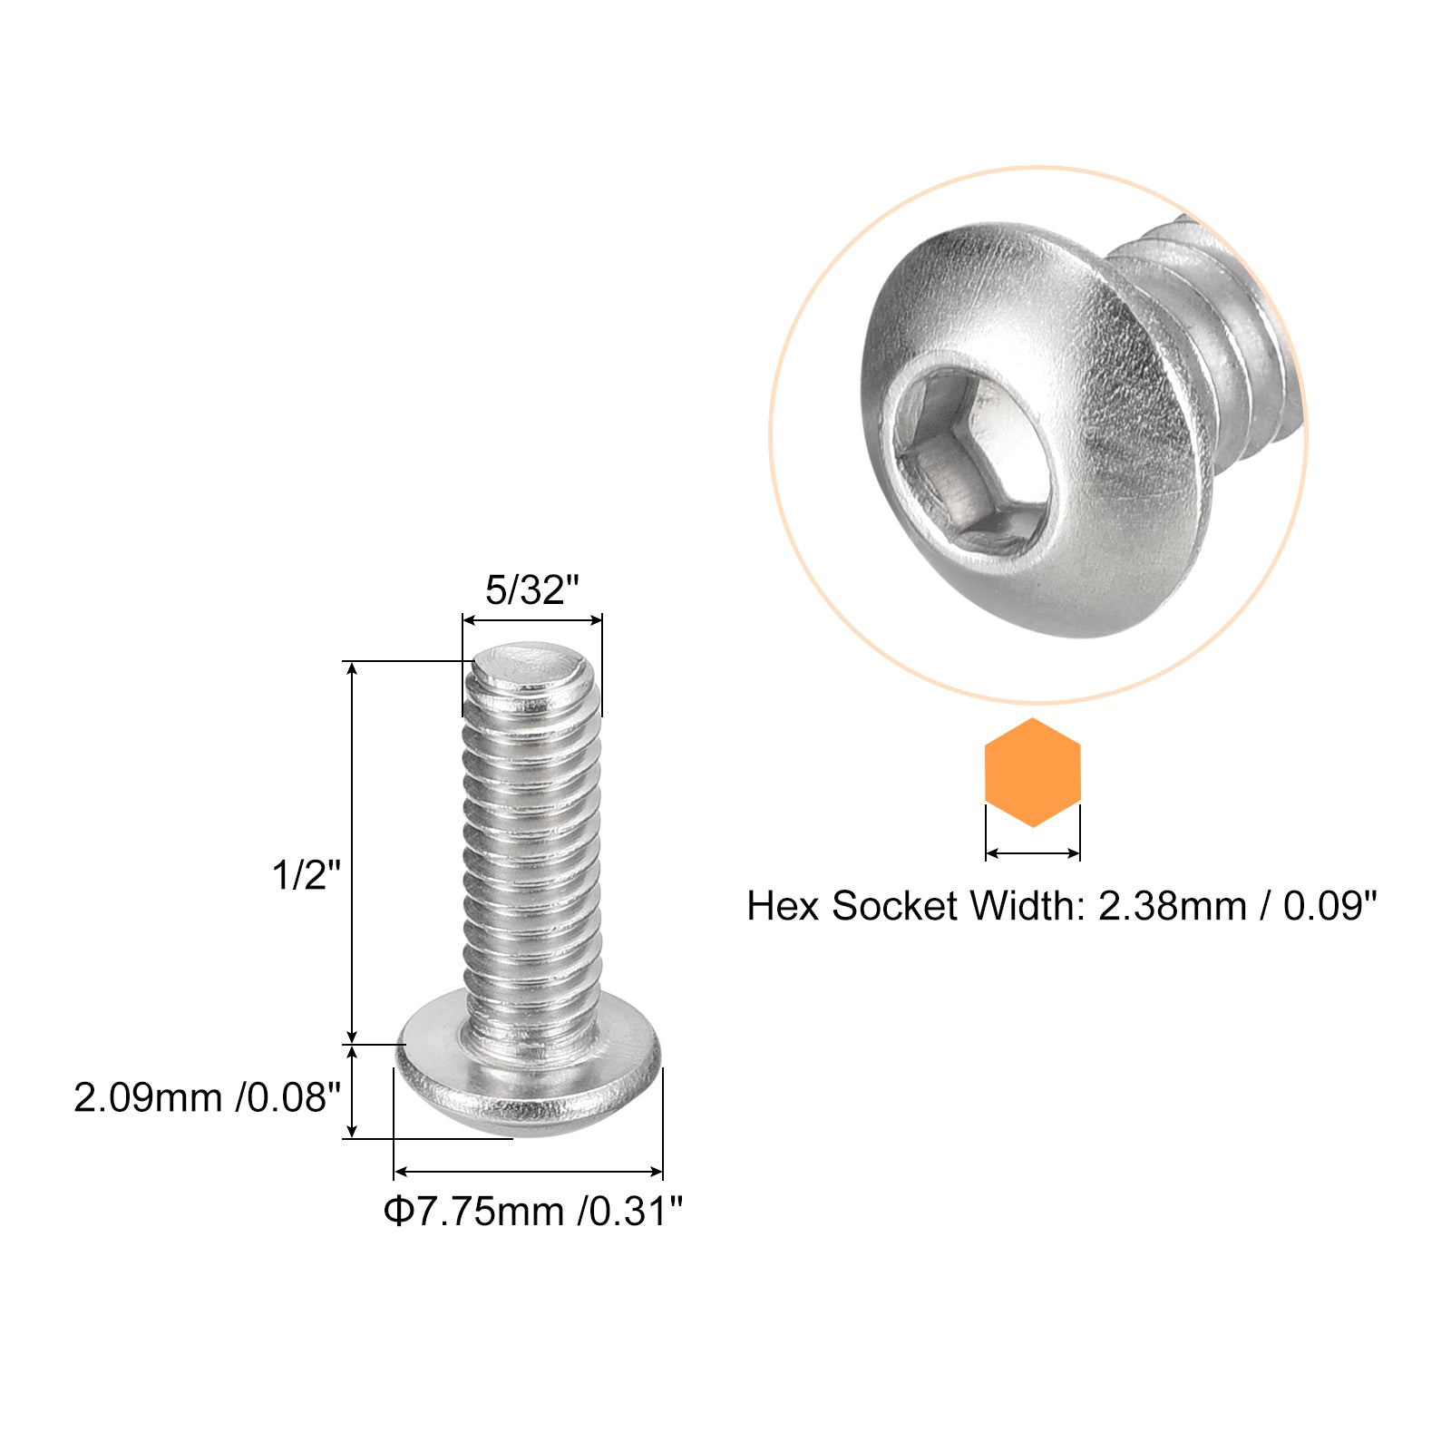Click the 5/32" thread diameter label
click(x=531, y=590)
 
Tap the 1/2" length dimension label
click(x=307, y=875)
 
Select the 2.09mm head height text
click(x=148, y=1097)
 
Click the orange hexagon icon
click(x=1032, y=773)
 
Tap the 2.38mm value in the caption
click(x=1173, y=906)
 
